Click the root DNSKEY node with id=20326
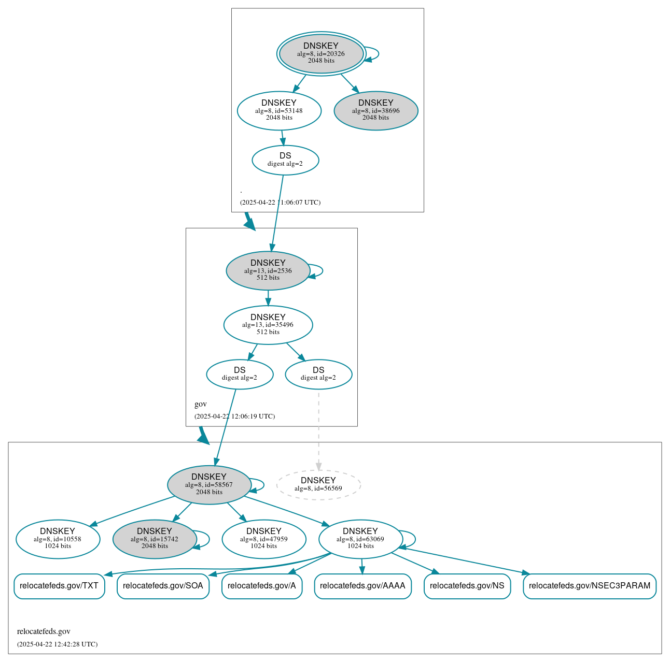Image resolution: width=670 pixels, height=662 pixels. [321, 53]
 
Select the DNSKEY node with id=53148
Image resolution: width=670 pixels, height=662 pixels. [279, 110]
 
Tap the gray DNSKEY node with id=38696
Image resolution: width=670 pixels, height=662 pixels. [376, 110]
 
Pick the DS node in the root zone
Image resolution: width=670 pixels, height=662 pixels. [285, 160]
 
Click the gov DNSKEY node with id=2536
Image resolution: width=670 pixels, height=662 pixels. [268, 270]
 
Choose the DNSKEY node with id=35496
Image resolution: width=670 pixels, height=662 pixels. [268, 325]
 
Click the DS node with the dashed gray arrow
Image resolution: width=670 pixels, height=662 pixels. [318, 374]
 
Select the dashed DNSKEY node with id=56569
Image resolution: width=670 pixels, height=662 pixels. [318, 484]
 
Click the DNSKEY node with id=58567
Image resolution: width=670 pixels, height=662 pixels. [209, 485]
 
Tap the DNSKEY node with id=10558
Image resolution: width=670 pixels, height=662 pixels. [58, 539]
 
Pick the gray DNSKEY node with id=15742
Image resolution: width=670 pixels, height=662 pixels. [155, 539]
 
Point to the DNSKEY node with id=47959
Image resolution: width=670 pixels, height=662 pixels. [264, 539]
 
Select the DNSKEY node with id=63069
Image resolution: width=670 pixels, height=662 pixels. [360, 539]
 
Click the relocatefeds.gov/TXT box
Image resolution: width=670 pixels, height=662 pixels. [59, 586]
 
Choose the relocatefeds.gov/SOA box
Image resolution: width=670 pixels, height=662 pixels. [163, 586]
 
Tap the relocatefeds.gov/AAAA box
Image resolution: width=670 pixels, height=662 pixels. [362, 586]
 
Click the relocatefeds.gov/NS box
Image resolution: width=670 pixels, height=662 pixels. [467, 586]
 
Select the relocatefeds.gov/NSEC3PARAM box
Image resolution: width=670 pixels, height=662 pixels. [590, 586]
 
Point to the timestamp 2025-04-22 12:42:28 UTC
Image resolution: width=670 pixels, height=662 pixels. [57, 644]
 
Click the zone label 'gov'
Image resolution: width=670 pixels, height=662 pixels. [201, 404]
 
